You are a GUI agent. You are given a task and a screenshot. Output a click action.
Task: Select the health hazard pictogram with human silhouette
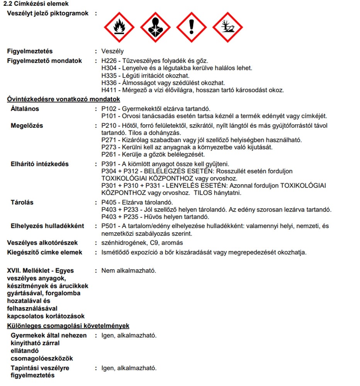point(155,27)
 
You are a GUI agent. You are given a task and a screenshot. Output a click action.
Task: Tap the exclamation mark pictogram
point(192,27)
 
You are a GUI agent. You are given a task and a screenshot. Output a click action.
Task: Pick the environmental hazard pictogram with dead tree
point(228,27)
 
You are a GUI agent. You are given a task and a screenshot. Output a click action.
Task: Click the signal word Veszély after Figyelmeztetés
point(112,51)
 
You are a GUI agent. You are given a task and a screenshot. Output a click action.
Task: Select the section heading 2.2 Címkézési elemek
point(36,4)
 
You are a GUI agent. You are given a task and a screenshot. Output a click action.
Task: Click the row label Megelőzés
point(27,125)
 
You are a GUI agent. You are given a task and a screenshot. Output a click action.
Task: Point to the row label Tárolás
point(22,202)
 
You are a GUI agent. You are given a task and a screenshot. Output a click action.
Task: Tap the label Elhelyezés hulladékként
point(47,226)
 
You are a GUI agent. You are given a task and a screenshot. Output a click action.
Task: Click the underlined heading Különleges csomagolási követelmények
point(68,326)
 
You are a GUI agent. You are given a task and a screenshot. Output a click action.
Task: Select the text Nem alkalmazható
point(129,271)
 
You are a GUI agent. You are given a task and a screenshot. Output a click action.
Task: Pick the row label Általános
point(25,109)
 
